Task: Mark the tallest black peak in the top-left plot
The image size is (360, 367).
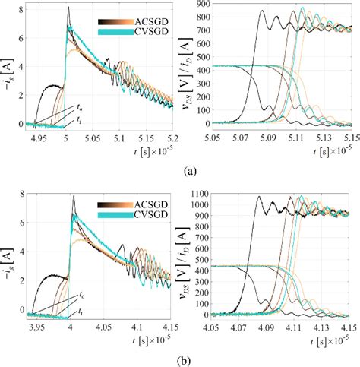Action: pyautogui.click(x=68, y=9)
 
